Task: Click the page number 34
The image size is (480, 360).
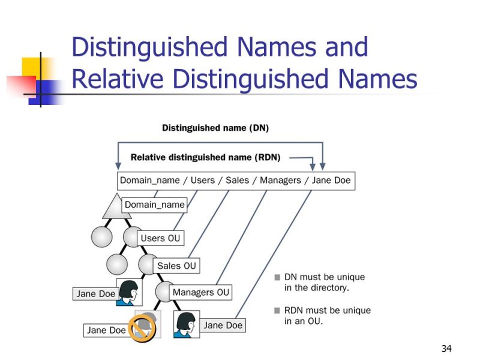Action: click(446, 349)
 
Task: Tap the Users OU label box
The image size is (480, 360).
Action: click(160, 238)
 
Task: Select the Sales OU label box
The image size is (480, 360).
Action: click(176, 266)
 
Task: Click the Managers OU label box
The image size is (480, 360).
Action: click(201, 292)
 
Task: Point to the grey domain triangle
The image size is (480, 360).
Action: click(116, 208)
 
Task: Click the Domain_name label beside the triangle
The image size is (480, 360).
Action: click(154, 205)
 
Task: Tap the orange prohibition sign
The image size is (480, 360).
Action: click(142, 328)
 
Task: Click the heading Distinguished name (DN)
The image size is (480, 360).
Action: click(215, 128)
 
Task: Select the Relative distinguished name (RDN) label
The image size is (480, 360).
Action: click(205, 157)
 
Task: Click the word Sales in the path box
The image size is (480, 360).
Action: click(237, 181)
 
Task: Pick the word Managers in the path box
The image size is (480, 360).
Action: click(280, 181)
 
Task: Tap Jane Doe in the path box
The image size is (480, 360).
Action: click(331, 181)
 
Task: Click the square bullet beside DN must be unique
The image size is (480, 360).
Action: click(277, 277)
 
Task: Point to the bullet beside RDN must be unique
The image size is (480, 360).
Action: click(277, 311)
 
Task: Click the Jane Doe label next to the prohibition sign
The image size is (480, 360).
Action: click(106, 331)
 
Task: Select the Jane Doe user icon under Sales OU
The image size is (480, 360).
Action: click(129, 292)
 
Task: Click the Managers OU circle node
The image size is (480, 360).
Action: click(164, 292)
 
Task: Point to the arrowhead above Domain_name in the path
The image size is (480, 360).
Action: click(118, 166)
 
